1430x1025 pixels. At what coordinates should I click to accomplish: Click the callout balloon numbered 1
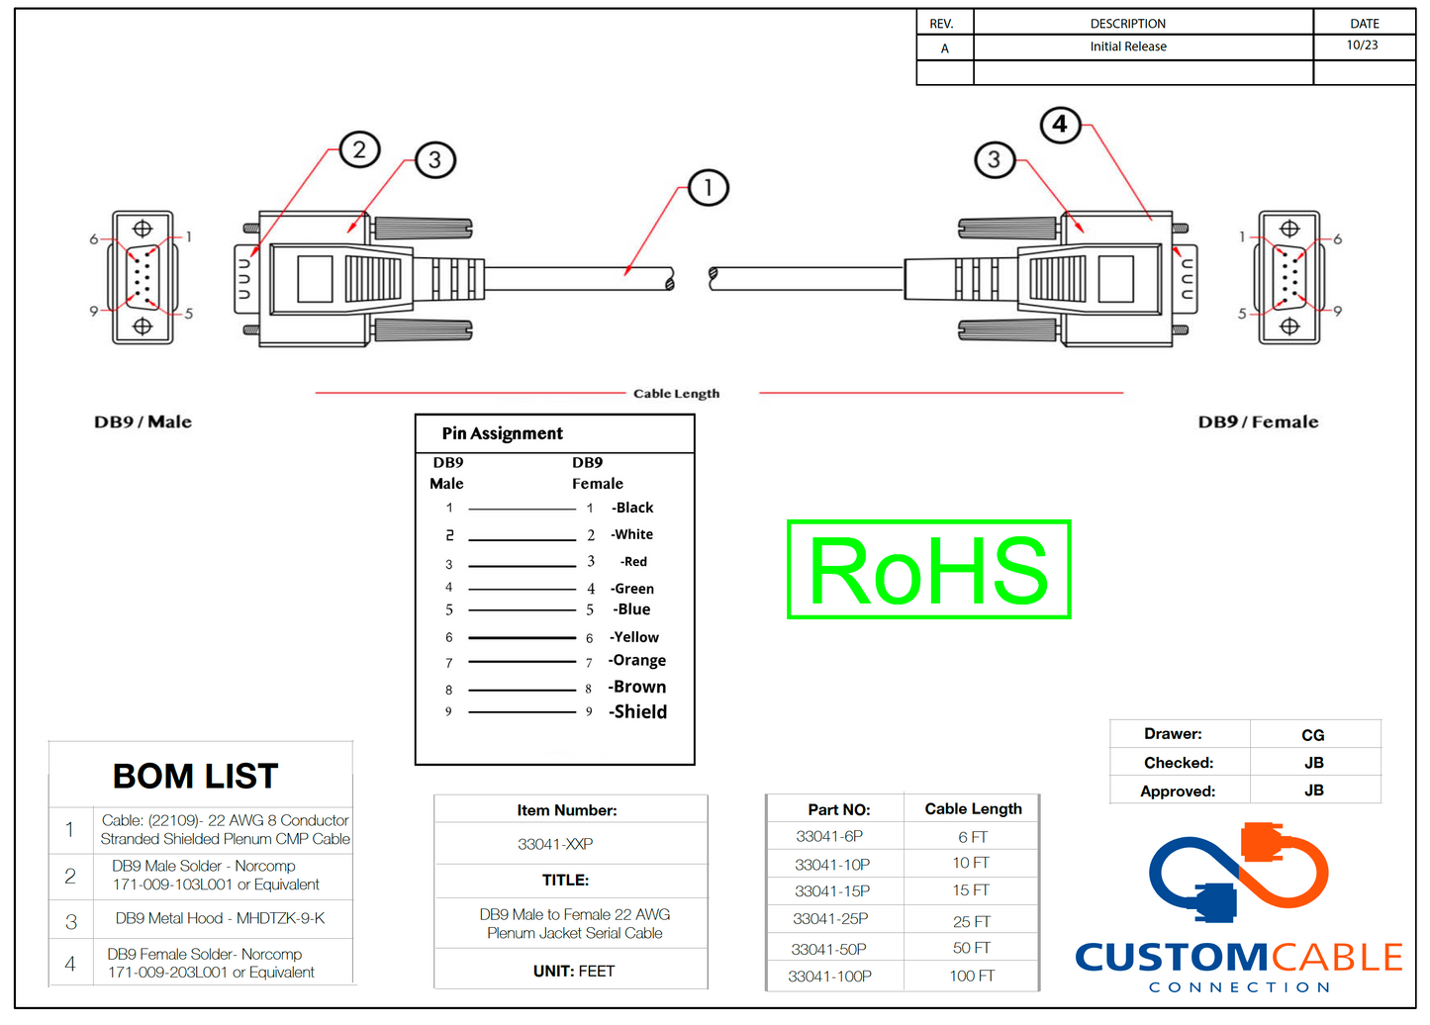click(708, 188)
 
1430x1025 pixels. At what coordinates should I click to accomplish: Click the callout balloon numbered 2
click(359, 149)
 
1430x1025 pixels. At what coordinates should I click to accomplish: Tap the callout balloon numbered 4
click(1060, 125)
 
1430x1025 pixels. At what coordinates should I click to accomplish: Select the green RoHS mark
click(928, 570)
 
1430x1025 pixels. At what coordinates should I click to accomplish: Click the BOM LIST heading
click(196, 777)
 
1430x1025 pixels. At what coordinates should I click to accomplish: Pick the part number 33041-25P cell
click(832, 919)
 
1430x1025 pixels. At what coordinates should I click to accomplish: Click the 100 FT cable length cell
click(972, 977)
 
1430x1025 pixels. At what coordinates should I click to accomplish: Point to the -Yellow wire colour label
click(634, 637)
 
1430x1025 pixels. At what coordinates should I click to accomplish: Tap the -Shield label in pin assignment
click(638, 712)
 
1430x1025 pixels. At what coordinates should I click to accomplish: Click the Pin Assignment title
click(503, 433)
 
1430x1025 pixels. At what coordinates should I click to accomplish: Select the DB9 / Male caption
click(143, 422)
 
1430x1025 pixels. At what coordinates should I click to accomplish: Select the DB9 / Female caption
click(1258, 422)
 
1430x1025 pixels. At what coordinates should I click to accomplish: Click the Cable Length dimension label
click(677, 394)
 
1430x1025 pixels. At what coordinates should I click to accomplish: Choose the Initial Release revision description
click(1128, 47)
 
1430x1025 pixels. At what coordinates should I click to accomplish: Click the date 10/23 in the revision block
click(1362, 46)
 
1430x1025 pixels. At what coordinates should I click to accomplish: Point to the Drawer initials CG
click(1313, 735)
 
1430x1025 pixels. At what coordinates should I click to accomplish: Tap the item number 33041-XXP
click(555, 844)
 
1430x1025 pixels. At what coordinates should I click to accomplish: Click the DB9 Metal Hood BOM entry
click(220, 919)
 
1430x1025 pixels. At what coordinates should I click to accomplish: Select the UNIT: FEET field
click(574, 972)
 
